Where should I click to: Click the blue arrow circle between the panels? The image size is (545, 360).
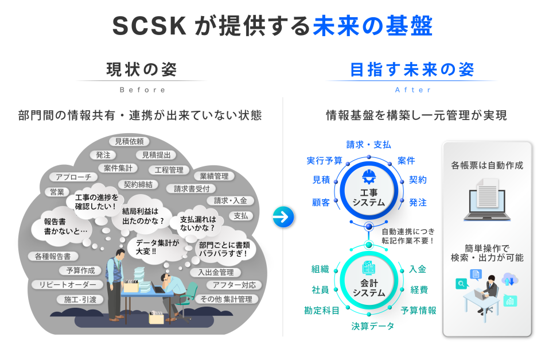pos(283,216)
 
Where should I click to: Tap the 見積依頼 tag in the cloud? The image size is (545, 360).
pos(129,141)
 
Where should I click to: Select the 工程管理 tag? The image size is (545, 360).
pos(169,170)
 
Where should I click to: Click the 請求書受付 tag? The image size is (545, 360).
pos(191,188)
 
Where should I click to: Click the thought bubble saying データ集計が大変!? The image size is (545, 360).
pos(158,247)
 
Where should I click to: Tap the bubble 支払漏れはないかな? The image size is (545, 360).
pos(198,223)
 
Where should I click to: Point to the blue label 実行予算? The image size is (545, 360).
pos(324,161)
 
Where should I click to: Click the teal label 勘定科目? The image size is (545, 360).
pos(322,311)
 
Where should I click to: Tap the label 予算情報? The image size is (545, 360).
pos(418,311)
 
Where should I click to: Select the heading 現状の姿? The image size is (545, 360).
pos(142,70)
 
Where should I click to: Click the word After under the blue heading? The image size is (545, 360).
pos(413,90)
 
